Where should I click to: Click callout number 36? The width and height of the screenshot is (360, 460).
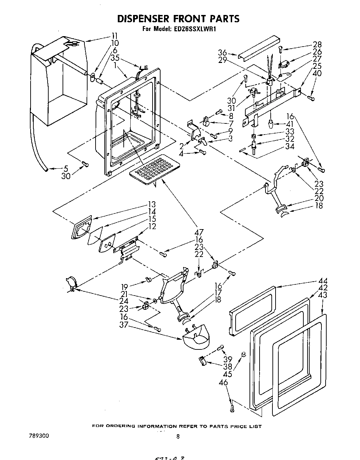222,53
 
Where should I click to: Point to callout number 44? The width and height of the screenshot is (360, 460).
322,281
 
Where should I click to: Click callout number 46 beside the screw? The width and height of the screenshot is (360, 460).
223,382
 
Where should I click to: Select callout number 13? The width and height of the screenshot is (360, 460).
151,204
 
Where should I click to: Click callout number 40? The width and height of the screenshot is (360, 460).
317,73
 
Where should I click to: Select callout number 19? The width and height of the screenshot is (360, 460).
124,287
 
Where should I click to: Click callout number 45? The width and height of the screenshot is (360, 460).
228,374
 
